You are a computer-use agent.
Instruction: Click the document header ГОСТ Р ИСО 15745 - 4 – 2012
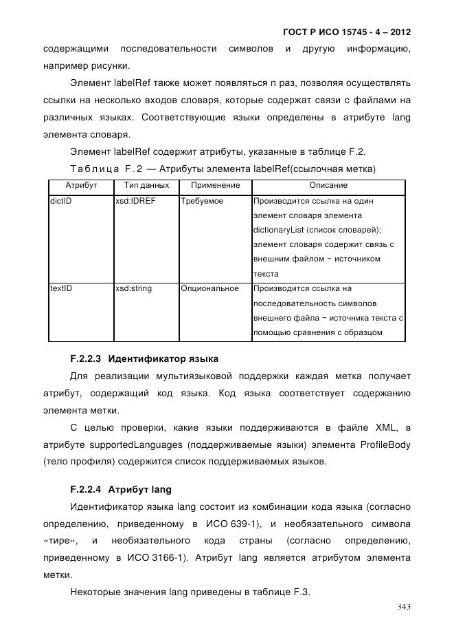coord(347,32)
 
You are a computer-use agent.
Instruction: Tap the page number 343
coord(403,606)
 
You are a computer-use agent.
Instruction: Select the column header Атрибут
coord(81,186)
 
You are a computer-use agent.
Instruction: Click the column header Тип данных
coord(146,186)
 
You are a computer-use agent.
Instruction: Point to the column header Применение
coord(215,186)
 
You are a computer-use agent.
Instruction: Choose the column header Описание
coord(328,186)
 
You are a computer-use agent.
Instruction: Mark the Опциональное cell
coord(210,288)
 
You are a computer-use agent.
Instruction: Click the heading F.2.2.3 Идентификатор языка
coord(144,358)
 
